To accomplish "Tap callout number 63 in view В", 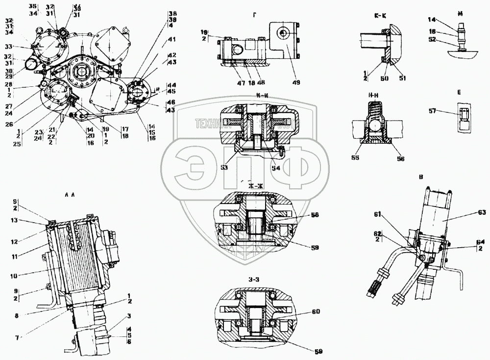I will pos(481,212).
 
